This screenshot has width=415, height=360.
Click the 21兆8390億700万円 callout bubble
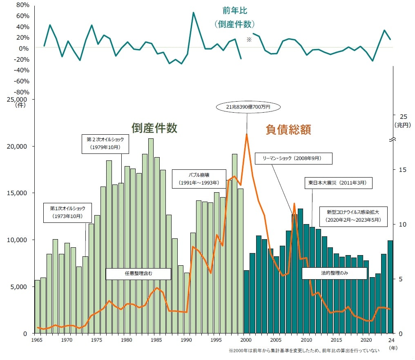(x=248, y=107)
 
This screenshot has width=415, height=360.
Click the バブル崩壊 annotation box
(x=199, y=179)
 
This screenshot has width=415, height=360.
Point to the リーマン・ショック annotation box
(x=293, y=158)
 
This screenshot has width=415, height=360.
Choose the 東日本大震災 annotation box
(x=338, y=183)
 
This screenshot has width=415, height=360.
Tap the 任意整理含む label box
(x=138, y=273)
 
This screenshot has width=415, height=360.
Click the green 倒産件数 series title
(x=154, y=128)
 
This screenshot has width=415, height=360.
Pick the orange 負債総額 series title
(x=288, y=130)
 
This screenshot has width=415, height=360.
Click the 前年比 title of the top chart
(x=235, y=11)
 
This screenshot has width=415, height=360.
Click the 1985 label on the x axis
(x=157, y=340)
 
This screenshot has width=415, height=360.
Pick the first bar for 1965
(x=37, y=307)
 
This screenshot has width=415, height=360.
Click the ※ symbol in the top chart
(x=248, y=40)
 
